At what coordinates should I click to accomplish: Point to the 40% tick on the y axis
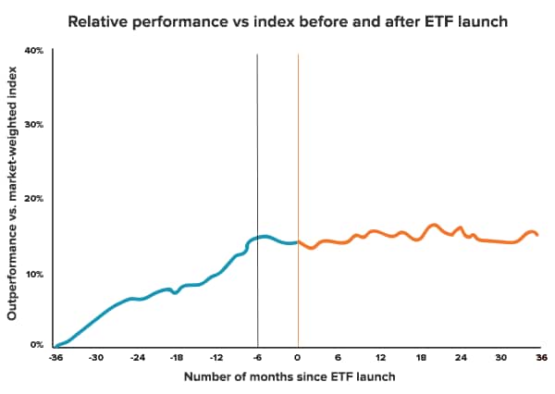point(34,50)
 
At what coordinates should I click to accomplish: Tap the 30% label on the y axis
point(34,124)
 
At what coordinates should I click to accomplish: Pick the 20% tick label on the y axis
point(34,198)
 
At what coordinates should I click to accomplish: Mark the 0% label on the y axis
point(37,344)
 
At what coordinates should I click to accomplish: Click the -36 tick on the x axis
point(55,357)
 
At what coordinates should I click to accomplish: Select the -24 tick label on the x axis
point(137,357)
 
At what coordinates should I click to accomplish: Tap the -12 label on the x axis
point(216,357)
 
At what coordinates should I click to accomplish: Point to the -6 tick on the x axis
point(257,357)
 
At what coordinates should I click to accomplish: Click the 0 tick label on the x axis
point(298,357)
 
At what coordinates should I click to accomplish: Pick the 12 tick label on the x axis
point(379,357)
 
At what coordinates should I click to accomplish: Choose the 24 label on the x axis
point(460,357)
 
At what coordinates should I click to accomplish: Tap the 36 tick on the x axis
point(540,357)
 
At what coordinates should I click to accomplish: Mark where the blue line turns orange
point(298,242)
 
